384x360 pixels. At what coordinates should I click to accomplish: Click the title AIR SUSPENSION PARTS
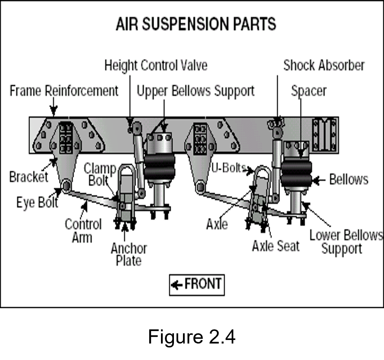pyautogui.click(x=196, y=24)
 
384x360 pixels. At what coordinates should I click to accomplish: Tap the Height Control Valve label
pyautogui.click(x=155, y=65)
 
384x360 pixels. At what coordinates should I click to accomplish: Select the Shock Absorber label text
pyautogui.click(x=324, y=65)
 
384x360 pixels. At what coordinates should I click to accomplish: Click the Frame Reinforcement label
pyautogui.click(x=64, y=91)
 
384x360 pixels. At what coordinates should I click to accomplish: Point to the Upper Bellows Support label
pyautogui.click(x=195, y=91)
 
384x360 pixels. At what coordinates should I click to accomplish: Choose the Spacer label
pyautogui.click(x=309, y=91)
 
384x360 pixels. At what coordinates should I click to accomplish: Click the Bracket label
pyautogui.click(x=28, y=177)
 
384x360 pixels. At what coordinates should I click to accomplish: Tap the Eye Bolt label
pyautogui.click(x=37, y=203)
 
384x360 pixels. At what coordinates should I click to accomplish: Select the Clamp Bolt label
pyautogui.click(x=100, y=175)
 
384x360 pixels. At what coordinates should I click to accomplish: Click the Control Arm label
pyautogui.click(x=83, y=231)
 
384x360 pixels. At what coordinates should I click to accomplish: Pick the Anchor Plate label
pyautogui.click(x=128, y=254)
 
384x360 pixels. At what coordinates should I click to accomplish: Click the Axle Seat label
pyautogui.click(x=275, y=246)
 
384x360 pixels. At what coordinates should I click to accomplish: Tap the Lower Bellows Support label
pyautogui.click(x=346, y=242)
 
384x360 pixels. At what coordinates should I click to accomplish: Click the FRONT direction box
pyautogui.click(x=197, y=284)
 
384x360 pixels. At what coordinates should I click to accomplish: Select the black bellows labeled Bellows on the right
pyautogui.click(x=296, y=173)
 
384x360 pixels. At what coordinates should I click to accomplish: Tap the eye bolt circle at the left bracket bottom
pyautogui.click(x=66, y=185)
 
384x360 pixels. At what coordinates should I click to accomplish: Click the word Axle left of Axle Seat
pyautogui.click(x=217, y=224)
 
